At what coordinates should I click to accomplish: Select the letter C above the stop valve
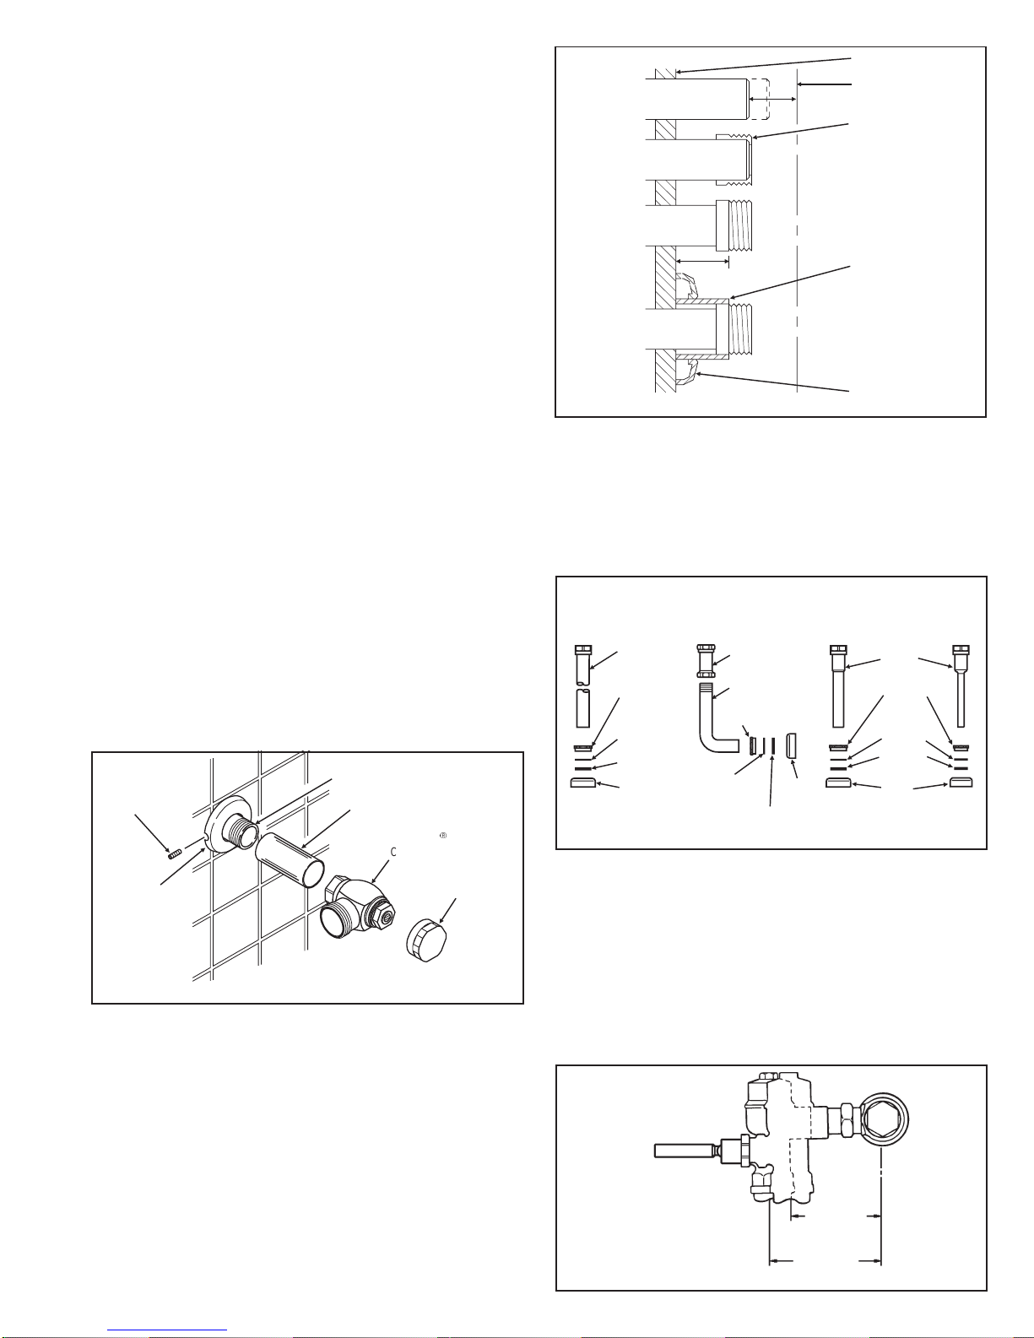[393, 852]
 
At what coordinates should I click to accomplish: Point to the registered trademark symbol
[442, 836]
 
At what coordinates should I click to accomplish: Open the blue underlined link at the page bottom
[167, 1330]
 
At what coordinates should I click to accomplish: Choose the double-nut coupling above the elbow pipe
[706, 661]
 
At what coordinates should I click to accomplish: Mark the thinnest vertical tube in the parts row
[961, 699]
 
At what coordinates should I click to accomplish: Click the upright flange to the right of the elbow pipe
[792, 745]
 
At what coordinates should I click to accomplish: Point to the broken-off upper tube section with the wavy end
[583, 665]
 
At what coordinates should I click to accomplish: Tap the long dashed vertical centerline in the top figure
[797, 236]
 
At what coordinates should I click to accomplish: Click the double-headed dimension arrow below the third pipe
[702, 262]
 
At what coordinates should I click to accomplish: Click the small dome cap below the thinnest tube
[961, 783]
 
